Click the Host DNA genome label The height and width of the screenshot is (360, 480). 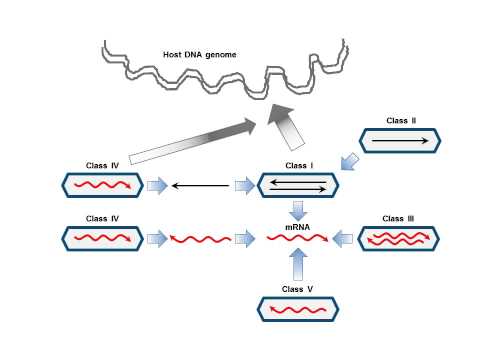pyautogui.click(x=200, y=54)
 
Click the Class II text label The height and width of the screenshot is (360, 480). pyautogui.click(x=401, y=121)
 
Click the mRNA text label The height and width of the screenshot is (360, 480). pyautogui.click(x=298, y=228)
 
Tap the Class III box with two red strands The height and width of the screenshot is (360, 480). pyautogui.click(x=399, y=238)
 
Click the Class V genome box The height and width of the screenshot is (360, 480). pyautogui.click(x=298, y=310)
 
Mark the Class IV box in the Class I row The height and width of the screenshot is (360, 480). pyautogui.click(x=103, y=185)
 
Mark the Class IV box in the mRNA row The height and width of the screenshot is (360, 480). pyautogui.click(x=103, y=238)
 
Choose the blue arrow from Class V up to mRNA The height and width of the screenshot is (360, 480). pyautogui.click(x=298, y=265)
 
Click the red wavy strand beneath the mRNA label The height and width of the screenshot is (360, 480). pyautogui.click(x=297, y=239)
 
